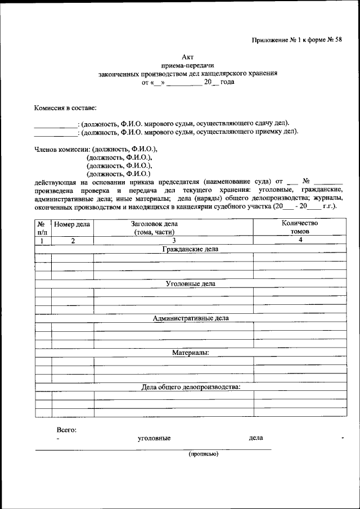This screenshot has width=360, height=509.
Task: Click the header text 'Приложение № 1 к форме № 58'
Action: point(296,40)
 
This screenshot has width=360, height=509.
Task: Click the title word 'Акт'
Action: point(188,57)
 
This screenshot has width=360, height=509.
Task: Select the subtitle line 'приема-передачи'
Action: point(188,65)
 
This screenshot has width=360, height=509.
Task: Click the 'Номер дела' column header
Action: point(72,224)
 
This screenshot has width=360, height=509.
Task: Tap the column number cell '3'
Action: point(174,240)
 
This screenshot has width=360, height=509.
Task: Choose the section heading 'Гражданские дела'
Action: point(190,249)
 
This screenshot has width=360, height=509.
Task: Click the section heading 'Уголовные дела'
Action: point(190,283)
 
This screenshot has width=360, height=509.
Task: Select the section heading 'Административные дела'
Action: point(190,318)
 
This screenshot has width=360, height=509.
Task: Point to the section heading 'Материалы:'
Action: point(190,353)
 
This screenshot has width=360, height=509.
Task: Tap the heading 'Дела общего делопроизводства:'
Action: point(190,387)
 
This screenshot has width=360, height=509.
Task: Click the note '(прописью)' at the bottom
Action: point(203,454)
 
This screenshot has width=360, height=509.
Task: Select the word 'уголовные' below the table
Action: point(154,438)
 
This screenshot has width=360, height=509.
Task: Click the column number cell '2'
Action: point(72,240)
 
